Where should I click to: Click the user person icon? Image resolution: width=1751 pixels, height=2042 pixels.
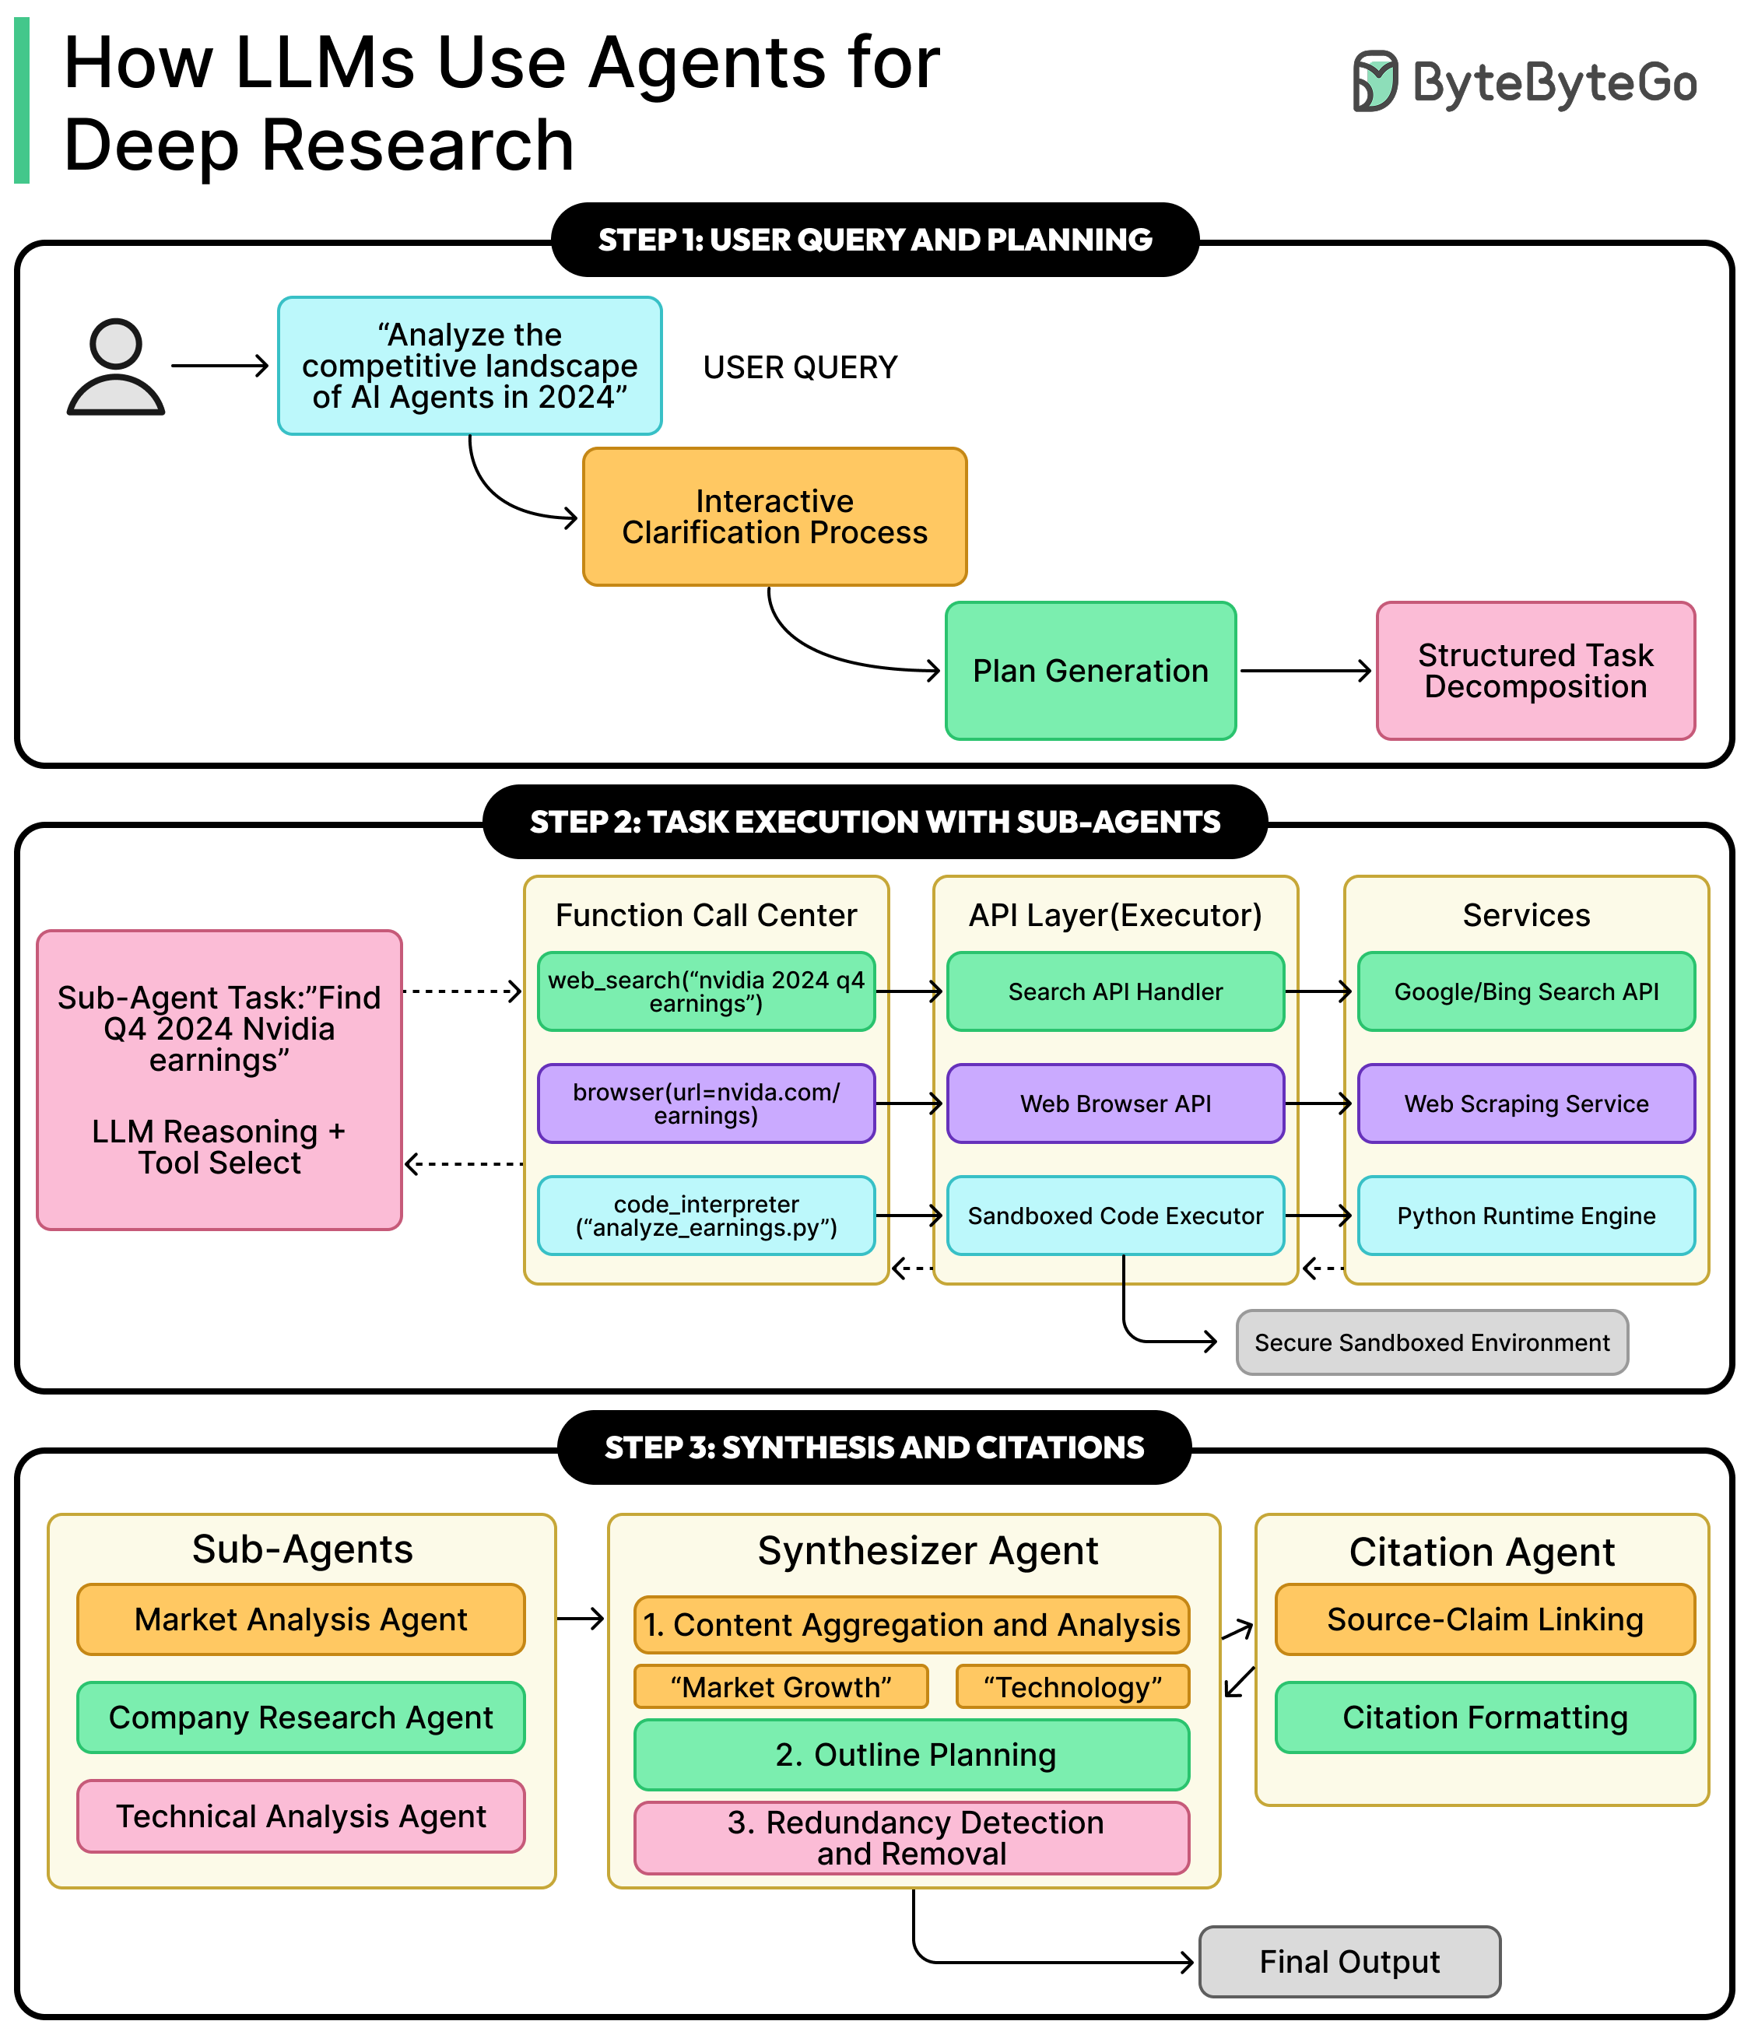(x=115, y=367)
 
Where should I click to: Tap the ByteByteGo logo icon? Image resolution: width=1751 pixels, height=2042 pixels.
(x=1374, y=81)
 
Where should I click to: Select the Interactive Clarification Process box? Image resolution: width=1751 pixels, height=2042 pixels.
(x=774, y=517)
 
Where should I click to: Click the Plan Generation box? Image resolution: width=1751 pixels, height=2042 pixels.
(x=1090, y=671)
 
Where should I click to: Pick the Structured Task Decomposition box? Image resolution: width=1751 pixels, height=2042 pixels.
(x=1535, y=671)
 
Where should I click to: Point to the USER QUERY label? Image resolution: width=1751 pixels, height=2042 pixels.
(x=799, y=367)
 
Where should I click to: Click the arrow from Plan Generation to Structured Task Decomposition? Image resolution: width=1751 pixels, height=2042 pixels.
(x=1304, y=671)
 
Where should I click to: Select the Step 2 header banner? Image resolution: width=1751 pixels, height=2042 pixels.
(x=874, y=822)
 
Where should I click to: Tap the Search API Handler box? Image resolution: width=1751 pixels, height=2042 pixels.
(x=1114, y=991)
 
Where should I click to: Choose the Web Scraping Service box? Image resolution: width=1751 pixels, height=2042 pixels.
(x=1525, y=1103)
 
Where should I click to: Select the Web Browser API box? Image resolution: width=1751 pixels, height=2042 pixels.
(x=1114, y=1103)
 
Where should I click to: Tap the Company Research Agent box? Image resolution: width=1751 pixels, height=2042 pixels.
(x=300, y=1717)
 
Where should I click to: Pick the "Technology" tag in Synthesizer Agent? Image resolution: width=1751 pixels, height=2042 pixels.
(x=1072, y=1687)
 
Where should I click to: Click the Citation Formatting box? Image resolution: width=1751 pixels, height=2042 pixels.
(x=1484, y=1717)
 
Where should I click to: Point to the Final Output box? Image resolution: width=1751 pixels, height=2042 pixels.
(x=1349, y=1962)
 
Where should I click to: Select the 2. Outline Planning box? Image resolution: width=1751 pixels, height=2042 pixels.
(x=911, y=1755)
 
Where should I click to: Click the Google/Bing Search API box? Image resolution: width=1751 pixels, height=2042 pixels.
(x=1525, y=991)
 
